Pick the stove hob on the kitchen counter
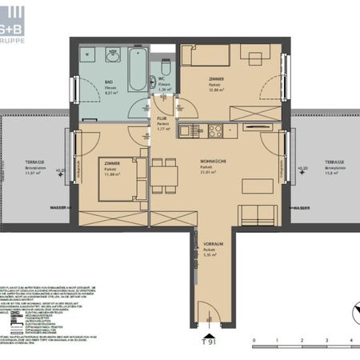[216, 130]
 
